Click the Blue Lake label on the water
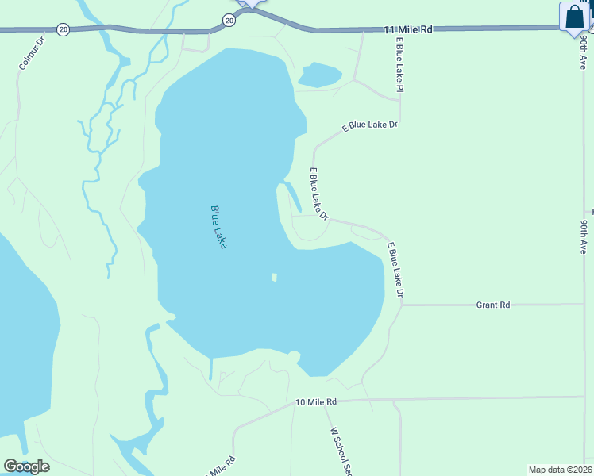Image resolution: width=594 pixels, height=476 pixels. pos(219,228)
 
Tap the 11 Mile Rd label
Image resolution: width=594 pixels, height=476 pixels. pos(407,29)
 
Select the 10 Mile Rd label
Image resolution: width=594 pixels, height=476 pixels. pos(316,402)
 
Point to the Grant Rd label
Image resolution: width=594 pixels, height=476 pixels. pos(492,305)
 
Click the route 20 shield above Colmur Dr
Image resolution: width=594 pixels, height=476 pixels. pos(64,29)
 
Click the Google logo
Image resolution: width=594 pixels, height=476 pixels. pos(25,466)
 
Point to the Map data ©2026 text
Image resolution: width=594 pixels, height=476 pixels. pos(559,470)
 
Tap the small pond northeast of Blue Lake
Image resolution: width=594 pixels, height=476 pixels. pos(319,75)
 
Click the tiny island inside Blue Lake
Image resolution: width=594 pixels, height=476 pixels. pos(274,277)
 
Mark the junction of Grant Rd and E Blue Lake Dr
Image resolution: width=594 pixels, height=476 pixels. pos(403,305)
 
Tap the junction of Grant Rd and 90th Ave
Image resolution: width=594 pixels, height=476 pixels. pos(584,304)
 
